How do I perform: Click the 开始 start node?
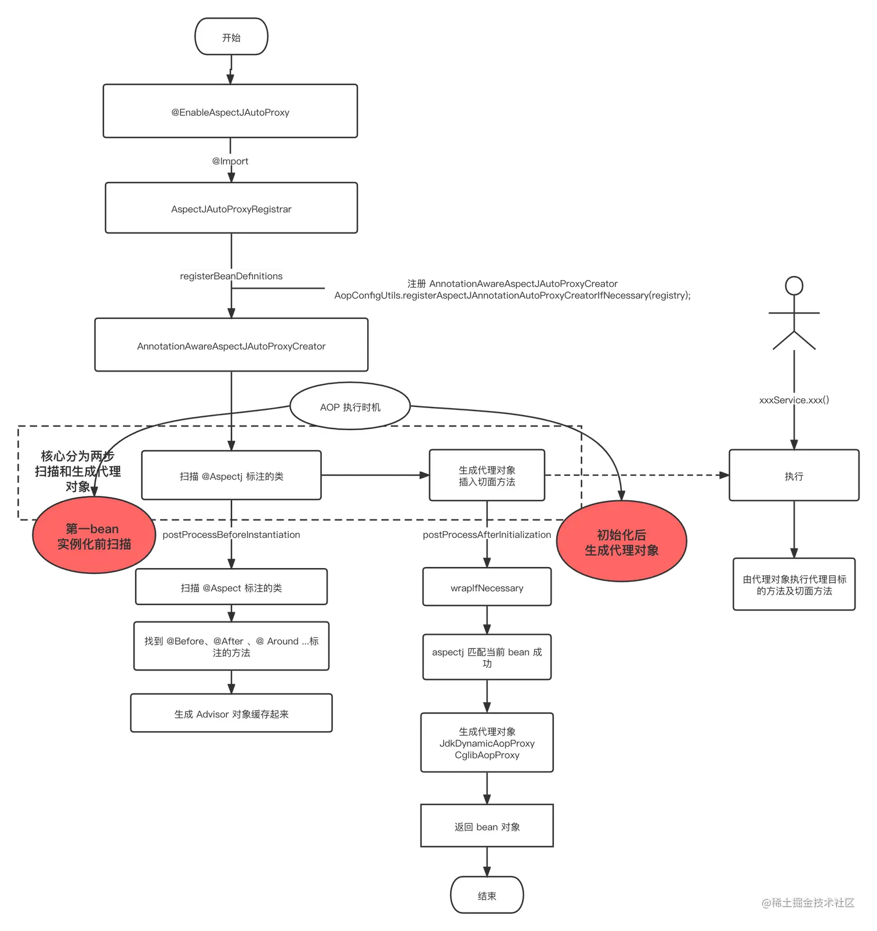pos(231,38)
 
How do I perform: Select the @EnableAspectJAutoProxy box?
pos(230,112)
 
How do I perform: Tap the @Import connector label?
pos(230,161)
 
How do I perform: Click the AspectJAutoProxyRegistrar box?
pos(231,209)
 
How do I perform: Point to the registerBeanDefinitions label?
pos(231,276)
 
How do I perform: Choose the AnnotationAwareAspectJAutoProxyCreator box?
pos(231,346)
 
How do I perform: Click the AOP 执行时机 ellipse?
pos(350,407)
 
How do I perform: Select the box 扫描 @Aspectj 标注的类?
pos(231,476)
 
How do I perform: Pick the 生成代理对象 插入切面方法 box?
pos(487,476)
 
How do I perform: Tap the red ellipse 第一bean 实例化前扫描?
pos(93,536)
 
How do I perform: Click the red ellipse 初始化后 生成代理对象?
pos(621,543)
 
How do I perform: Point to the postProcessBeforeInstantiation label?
pos(231,534)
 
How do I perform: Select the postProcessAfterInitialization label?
pos(487,534)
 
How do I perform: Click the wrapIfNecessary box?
pos(487,588)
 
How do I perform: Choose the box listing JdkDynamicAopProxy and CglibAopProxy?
pos(487,743)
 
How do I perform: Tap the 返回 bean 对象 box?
pos(487,827)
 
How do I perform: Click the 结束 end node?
pos(487,896)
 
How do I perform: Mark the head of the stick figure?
pos(793,286)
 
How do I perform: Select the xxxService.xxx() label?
pos(793,400)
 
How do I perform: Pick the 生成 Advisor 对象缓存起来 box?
pos(231,714)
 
